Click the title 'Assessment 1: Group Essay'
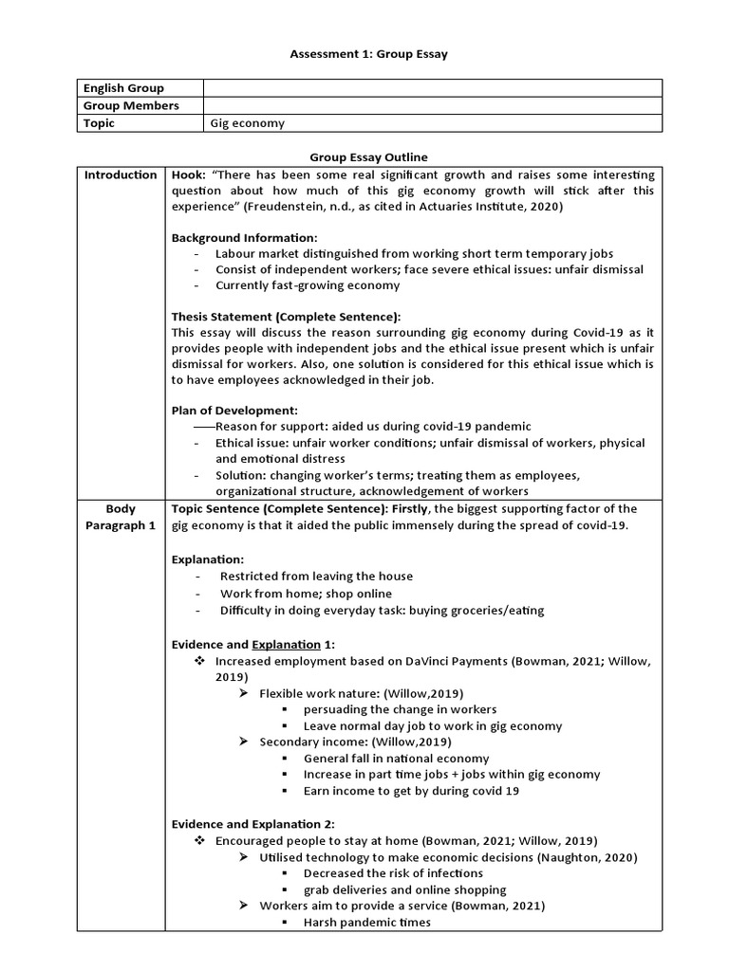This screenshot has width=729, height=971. pos(368,54)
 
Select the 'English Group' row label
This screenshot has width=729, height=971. pos(123,88)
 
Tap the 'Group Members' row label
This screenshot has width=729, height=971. pos(131,105)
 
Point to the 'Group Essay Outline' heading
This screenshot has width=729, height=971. pos(368,156)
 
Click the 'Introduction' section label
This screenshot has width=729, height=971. pos(121,174)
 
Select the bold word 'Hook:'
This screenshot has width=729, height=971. pos(188,174)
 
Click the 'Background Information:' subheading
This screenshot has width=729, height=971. pos(244,237)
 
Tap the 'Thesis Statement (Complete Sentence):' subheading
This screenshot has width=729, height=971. pos(286,317)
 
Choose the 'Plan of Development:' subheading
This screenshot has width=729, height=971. pos(234,411)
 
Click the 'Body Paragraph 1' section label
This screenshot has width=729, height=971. pos(121,517)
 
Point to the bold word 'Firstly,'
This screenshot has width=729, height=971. pos(410,509)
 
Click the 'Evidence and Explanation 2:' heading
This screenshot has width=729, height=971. pos(252,824)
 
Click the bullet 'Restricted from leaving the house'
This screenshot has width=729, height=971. pos(316,576)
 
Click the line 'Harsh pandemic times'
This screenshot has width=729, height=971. pos(366,922)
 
